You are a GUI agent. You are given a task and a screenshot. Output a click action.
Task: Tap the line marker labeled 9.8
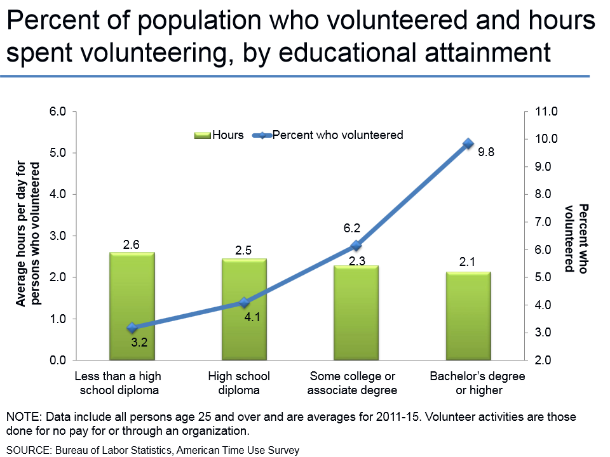click(468, 143)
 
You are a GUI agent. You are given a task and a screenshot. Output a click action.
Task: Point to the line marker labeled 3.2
click(132, 328)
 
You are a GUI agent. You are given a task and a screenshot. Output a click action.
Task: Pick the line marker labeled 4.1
click(244, 302)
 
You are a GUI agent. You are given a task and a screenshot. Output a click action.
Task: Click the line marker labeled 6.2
click(356, 245)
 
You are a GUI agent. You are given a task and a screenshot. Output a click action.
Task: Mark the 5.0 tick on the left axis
click(58, 153)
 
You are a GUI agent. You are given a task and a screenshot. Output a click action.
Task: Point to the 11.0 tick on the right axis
click(546, 112)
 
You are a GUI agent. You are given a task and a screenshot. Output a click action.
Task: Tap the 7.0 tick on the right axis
click(546, 222)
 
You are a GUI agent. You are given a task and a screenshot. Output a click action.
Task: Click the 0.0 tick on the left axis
click(58, 361)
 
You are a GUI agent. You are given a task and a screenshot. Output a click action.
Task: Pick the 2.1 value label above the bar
click(468, 262)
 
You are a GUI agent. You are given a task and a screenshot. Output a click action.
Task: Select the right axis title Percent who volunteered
click(575, 238)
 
